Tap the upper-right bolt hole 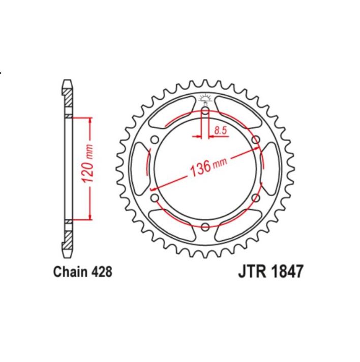coord(255,140)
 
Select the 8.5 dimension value coord(220,131)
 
